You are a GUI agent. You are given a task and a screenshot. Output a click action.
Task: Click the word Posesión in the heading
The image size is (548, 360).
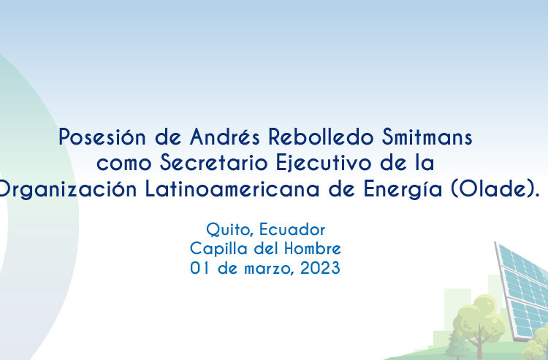pos(102,137)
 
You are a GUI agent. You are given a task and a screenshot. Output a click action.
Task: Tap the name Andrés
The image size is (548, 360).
pos(225,137)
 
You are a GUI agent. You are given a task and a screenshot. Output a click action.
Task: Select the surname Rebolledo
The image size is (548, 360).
pos(321,137)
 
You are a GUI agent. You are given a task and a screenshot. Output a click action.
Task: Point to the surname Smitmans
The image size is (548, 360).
pos(427,137)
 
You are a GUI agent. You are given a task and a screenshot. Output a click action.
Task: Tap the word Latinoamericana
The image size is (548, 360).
pos(232,189)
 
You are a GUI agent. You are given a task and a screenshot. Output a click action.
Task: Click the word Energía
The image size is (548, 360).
pos(403,190)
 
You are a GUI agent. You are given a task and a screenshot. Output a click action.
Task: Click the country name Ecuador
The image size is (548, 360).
pos(292,230)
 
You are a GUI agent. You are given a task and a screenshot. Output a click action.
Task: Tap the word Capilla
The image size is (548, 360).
pos(218,249)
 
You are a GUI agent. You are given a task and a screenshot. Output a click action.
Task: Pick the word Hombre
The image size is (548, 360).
pos(313,249)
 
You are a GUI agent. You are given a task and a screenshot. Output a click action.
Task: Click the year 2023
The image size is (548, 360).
pos(320,268)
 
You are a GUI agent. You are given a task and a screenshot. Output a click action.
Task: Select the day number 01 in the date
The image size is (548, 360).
pos(199,268)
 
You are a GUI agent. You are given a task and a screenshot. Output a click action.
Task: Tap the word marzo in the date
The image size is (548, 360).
pos(267,269)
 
